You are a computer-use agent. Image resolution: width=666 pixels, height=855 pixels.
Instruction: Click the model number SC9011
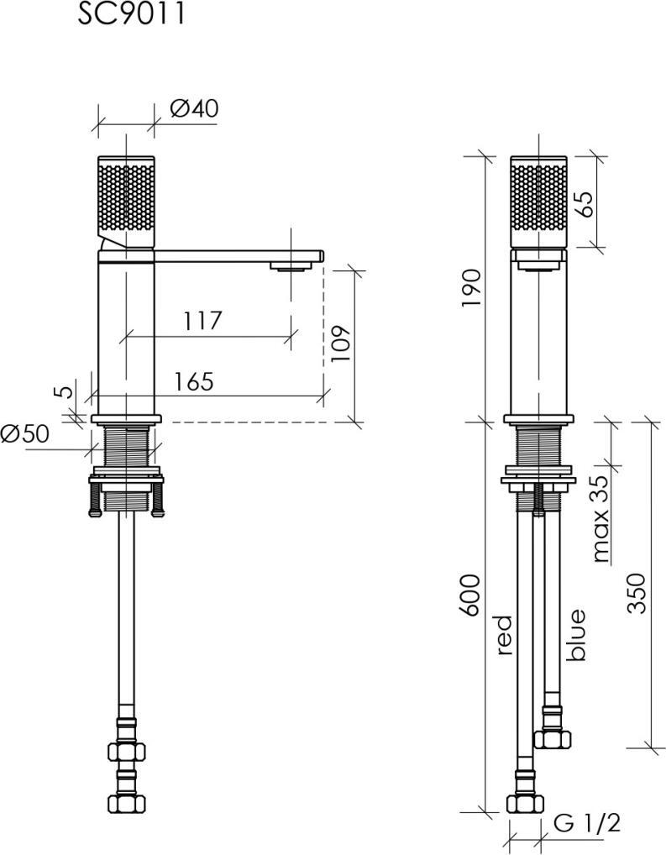(x=131, y=13)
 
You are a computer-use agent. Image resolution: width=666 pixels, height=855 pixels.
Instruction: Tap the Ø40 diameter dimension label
(x=194, y=108)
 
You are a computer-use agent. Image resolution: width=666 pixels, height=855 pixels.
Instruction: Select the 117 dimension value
(x=202, y=321)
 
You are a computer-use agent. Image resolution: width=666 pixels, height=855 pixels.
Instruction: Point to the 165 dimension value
(x=194, y=381)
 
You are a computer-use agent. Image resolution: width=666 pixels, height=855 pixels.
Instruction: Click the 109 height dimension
(x=340, y=344)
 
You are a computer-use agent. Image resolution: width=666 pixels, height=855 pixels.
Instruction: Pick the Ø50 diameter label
(x=24, y=434)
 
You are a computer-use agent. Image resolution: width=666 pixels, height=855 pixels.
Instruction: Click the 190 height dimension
(x=472, y=287)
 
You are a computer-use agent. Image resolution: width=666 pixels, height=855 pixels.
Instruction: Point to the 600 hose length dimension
(x=470, y=595)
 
